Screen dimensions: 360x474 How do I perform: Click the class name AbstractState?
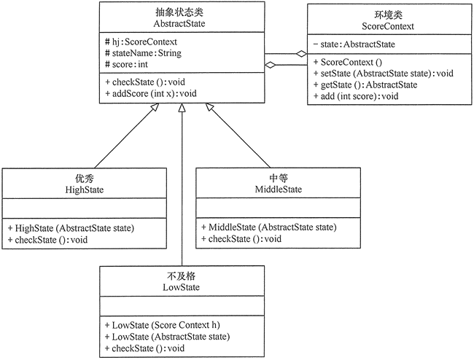point(179,23)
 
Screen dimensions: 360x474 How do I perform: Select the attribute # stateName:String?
point(144,52)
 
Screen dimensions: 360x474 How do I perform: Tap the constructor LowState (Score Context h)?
point(167,324)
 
